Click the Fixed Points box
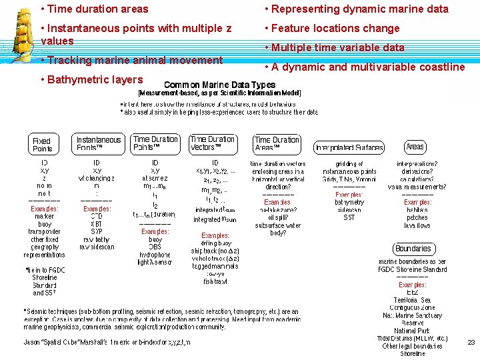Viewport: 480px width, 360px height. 41,144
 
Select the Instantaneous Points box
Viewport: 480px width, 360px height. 99,144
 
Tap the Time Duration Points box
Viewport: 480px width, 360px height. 155,143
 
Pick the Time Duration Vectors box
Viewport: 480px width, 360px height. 212,143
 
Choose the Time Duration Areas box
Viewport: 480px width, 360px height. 277,144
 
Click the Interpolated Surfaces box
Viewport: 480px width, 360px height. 349,147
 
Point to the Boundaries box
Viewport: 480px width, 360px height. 413,249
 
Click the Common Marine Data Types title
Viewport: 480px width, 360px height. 219,85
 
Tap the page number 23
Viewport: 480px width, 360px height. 471,342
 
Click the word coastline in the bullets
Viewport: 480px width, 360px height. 440,67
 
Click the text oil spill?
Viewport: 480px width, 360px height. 277,217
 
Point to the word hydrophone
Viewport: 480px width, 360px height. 155,255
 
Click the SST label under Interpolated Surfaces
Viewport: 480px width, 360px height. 349,217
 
